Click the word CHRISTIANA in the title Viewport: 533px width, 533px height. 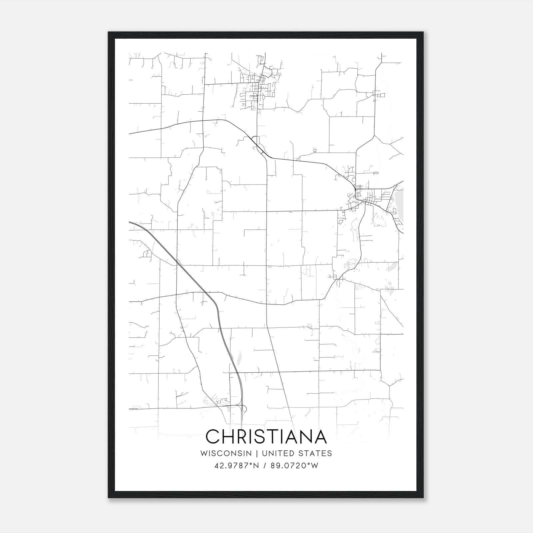266,437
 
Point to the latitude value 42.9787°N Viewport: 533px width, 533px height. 237,466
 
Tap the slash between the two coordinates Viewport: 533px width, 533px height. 265,466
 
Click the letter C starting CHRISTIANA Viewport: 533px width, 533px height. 213,437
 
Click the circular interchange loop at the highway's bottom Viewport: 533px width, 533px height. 244,409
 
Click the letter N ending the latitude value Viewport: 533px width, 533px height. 257,466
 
